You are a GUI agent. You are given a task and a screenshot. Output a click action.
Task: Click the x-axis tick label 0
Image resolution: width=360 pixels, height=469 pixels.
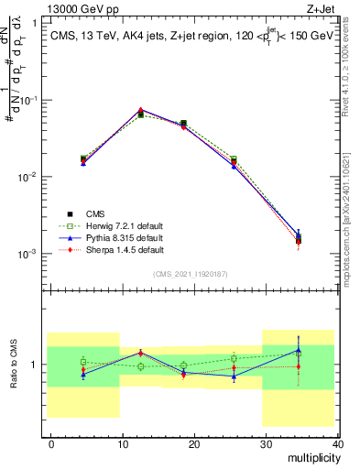tap(51, 443)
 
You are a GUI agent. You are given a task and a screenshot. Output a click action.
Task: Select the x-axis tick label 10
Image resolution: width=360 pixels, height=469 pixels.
tap(123, 443)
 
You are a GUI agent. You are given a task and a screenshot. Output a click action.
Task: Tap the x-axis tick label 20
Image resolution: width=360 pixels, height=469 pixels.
tap(194, 443)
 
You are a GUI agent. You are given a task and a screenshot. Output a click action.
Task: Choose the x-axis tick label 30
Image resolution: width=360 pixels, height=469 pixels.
tap(266, 443)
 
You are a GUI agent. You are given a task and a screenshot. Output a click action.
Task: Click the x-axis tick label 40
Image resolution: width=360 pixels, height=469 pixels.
tap(336, 443)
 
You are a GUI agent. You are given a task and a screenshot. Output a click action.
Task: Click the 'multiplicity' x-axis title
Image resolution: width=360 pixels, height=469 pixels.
tap(311, 456)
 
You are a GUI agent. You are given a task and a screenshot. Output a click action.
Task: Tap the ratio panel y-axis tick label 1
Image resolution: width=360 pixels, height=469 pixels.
tap(37, 365)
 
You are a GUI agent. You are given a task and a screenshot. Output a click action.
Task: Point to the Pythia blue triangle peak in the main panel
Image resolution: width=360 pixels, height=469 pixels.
tap(140, 110)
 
